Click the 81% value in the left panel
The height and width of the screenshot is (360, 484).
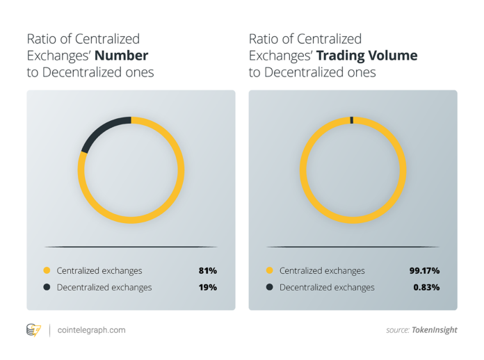208,270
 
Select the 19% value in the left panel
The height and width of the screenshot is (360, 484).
208,287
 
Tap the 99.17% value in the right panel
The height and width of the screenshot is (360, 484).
424,270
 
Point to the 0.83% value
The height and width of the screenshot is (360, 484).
426,287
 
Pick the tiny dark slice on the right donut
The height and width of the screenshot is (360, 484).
352,120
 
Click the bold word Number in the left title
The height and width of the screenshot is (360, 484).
122,55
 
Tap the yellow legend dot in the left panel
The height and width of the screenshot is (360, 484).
47,270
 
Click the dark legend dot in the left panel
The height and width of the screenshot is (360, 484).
47,287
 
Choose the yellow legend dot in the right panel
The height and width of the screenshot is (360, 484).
269,270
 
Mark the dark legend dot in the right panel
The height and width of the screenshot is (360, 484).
269,287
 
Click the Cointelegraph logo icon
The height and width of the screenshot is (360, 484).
33,330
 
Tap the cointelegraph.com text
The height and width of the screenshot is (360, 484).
92,330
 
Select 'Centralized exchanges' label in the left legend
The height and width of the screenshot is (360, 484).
99,270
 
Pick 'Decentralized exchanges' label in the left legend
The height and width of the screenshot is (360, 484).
104,287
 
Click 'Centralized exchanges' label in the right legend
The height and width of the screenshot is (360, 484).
322,270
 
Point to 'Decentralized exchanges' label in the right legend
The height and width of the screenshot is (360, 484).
327,287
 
